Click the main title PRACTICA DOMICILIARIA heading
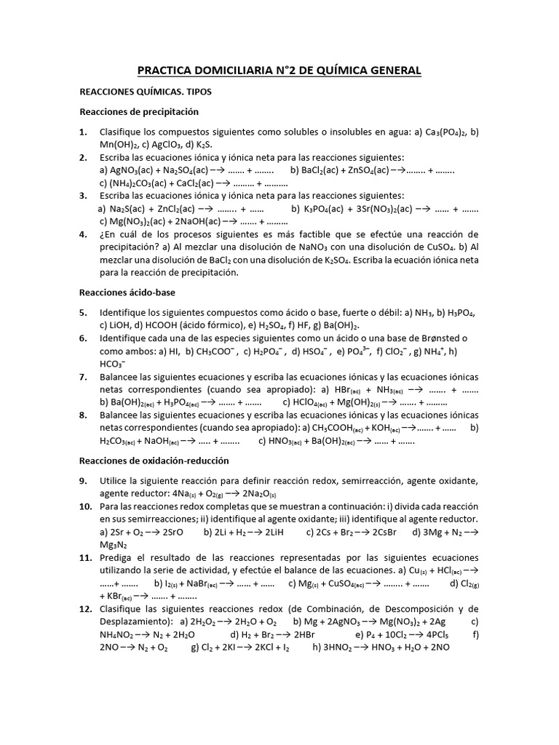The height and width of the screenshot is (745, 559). click(x=279, y=71)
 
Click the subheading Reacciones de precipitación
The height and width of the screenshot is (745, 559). click(x=138, y=112)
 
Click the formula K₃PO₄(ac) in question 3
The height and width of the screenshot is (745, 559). click(x=327, y=209)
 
